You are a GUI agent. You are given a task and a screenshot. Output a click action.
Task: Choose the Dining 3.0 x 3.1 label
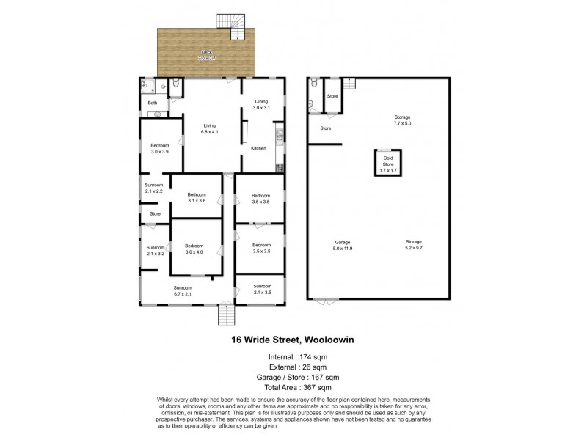tap(262, 104)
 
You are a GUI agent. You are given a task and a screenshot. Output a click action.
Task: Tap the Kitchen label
tap(258, 149)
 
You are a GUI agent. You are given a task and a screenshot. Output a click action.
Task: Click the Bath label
tap(153, 103)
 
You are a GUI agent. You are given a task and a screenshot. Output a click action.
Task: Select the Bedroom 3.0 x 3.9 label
tap(160, 148)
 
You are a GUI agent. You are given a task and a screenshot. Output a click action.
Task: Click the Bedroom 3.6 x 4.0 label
tap(194, 249)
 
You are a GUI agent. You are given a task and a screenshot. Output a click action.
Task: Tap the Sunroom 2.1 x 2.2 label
tap(153, 188)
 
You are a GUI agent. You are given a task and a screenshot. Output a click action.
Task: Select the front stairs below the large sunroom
tap(226, 315)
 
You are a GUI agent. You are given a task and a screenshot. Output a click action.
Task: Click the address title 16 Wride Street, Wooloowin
tap(293, 340)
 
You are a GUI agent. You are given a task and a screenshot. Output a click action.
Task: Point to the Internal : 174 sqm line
tap(293, 357)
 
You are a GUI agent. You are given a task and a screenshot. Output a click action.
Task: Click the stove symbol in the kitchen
tap(280, 168)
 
